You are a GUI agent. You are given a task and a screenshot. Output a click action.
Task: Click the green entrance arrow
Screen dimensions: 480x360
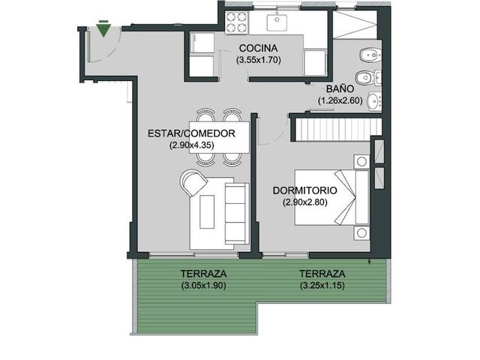(x=103, y=28)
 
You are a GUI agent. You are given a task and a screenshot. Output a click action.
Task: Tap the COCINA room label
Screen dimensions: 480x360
(x=258, y=48)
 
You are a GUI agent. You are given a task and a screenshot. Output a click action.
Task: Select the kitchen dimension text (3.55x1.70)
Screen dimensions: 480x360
(x=258, y=60)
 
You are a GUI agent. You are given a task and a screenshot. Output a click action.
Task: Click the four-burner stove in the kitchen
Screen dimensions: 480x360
(x=236, y=22)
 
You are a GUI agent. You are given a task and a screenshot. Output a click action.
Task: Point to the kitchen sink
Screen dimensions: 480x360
(x=277, y=22)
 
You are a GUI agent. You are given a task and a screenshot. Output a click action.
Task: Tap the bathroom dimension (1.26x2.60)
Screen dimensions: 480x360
(x=340, y=100)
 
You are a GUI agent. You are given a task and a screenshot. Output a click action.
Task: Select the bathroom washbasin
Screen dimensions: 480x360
(x=374, y=100)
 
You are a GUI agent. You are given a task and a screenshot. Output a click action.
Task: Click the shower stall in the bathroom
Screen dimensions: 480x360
(x=355, y=25)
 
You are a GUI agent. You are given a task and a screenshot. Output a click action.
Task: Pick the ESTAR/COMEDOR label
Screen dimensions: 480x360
(x=191, y=133)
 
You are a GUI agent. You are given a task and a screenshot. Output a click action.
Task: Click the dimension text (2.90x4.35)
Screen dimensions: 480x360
(x=191, y=145)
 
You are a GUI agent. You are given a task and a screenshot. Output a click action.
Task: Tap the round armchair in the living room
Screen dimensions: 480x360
(x=193, y=183)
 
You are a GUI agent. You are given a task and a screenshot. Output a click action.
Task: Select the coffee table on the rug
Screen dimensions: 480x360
(x=207, y=211)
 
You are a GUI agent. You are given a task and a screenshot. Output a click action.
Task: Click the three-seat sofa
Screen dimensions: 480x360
(x=237, y=213)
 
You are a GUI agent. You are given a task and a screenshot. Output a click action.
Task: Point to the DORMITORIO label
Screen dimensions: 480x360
(x=305, y=190)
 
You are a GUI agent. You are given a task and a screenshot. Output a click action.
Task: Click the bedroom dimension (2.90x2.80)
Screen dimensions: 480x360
(x=305, y=202)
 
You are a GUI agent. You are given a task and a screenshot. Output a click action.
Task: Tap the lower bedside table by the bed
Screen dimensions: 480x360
(x=361, y=233)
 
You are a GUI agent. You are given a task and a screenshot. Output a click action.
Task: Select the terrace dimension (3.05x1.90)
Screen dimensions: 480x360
(x=203, y=286)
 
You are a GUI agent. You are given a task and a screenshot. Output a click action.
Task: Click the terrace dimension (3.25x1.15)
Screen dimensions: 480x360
(x=322, y=286)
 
